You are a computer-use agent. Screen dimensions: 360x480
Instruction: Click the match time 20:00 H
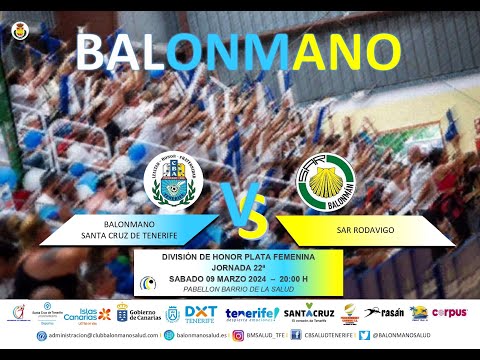click(293, 278)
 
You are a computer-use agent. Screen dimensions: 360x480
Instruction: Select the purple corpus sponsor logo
click(450, 313)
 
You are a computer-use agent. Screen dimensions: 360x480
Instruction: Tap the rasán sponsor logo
click(387, 313)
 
